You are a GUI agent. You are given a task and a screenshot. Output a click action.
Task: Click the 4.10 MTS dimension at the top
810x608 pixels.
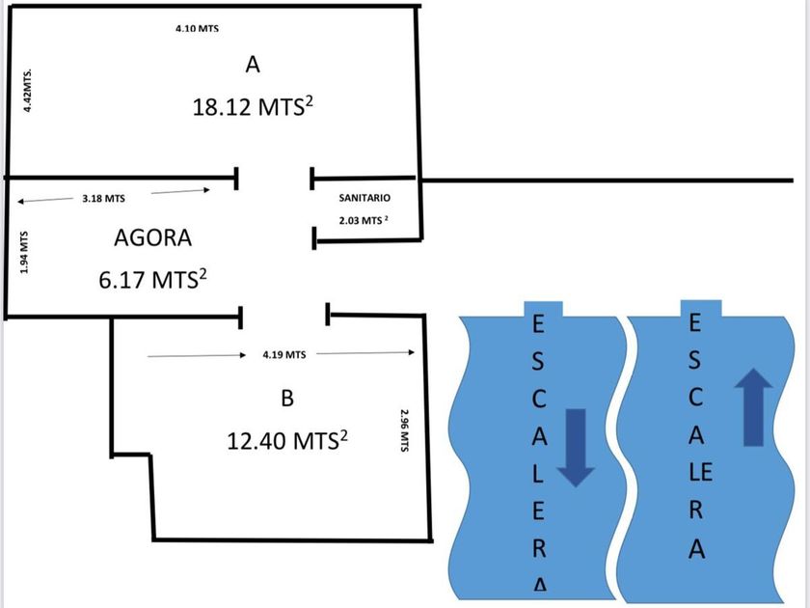pos(197,28)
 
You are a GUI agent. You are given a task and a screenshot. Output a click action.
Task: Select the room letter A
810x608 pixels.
pos(253,65)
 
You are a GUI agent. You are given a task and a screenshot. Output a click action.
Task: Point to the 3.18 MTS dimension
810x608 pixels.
pos(104,198)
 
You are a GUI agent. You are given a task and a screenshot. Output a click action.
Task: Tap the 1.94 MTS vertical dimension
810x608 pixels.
pos(25,251)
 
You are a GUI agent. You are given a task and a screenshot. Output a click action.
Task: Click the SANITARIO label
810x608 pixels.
pos(364,197)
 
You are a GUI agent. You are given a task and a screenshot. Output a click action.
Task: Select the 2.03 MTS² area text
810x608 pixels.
pos(364,221)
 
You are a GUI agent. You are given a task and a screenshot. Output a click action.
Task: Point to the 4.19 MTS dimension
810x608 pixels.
pos(283,355)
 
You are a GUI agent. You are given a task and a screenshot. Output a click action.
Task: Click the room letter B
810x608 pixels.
pos(286,398)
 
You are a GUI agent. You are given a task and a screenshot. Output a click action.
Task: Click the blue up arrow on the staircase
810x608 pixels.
pos(752,410)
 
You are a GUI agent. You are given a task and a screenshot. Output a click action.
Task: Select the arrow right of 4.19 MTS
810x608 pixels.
pos(365,353)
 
